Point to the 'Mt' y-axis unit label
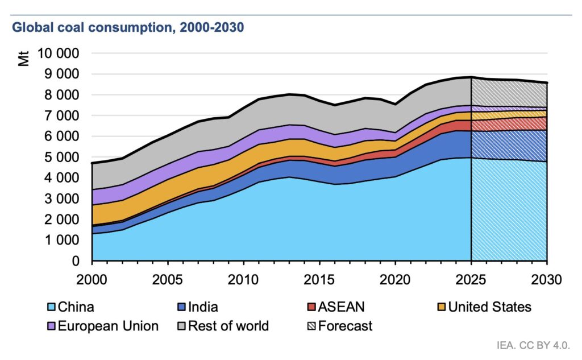(24, 59)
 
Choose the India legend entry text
(202, 308)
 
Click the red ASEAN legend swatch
(311, 308)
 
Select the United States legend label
(489, 308)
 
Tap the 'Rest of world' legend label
(228, 326)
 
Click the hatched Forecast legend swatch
(311, 326)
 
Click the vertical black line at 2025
(471, 171)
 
